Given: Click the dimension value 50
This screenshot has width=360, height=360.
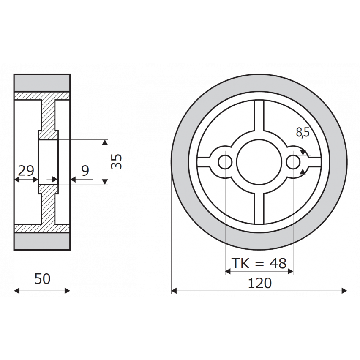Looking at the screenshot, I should point(42,279).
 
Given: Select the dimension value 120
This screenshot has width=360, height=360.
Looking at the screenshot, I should point(259,283).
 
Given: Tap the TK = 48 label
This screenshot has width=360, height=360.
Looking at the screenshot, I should point(259,264).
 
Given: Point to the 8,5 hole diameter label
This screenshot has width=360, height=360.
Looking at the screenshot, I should point(303,133).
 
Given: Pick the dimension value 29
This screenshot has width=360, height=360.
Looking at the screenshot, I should point(26,171).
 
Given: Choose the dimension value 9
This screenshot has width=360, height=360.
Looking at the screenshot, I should point(85,171).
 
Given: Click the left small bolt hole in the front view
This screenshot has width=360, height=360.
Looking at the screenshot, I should point(225,161).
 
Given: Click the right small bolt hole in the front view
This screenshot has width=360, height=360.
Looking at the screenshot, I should point(293,161).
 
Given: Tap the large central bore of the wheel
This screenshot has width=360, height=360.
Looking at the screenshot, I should point(259,161).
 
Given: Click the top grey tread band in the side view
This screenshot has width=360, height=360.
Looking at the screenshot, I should point(42,83).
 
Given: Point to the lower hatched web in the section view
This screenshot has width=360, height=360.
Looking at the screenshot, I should point(48,209).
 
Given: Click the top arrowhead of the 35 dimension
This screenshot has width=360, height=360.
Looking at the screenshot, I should point(106,142).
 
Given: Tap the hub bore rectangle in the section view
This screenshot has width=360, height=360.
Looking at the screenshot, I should point(48,162).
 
